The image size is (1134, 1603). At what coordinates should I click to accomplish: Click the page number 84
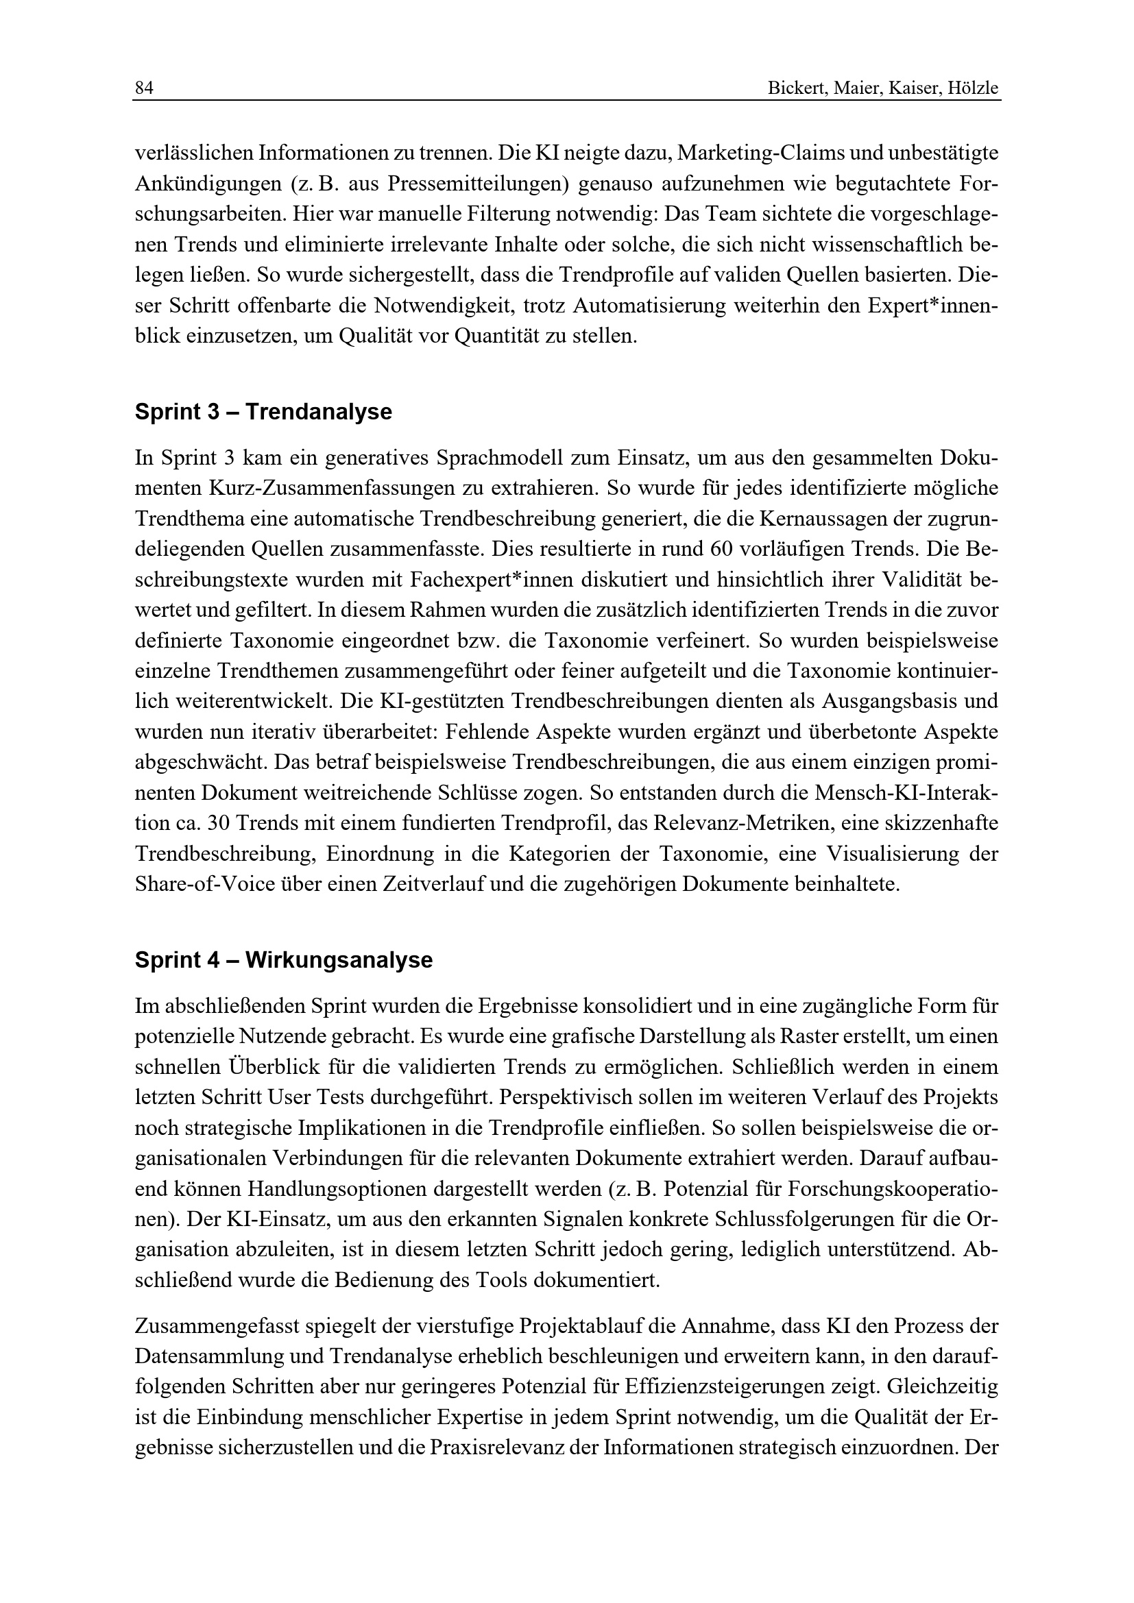[144, 88]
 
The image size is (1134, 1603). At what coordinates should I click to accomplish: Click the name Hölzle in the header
[974, 88]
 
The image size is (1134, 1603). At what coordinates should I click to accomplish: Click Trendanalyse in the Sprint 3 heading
[318, 412]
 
